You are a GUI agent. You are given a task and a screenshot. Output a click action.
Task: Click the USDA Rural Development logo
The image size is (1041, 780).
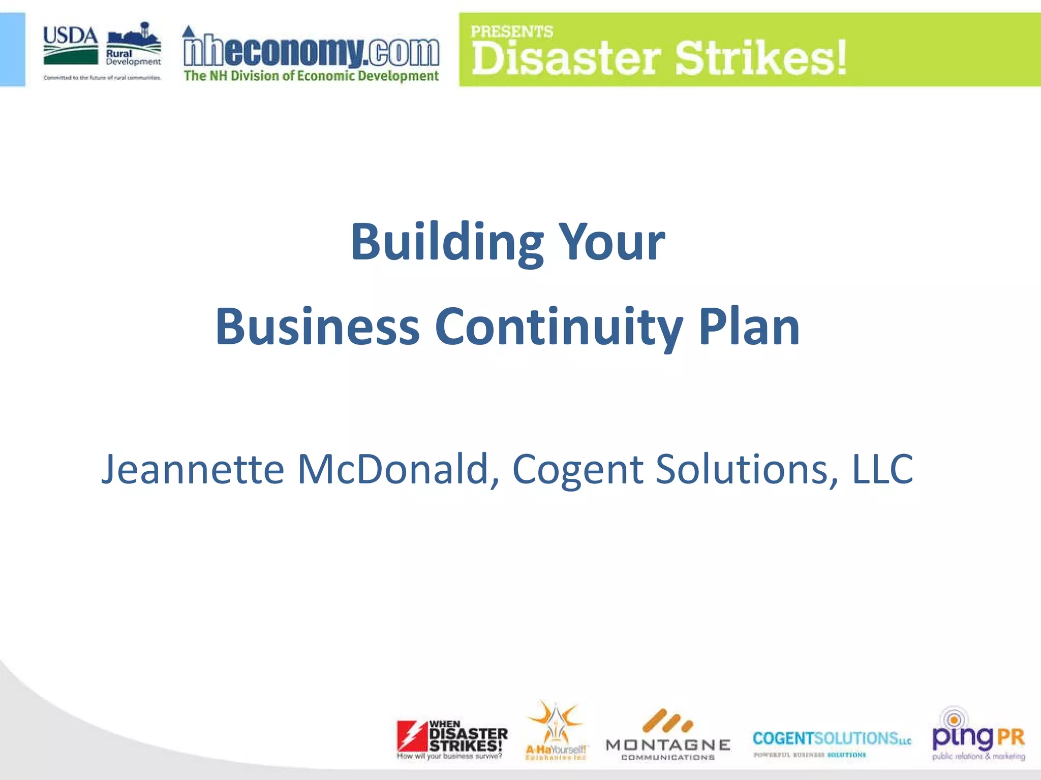(x=102, y=51)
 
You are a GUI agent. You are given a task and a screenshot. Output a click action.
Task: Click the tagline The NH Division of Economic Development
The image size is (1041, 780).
(x=311, y=76)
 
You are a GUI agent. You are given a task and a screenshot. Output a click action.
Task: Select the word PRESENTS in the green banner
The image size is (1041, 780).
(x=511, y=31)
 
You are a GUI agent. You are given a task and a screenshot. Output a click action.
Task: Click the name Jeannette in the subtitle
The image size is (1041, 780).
(x=193, y=469)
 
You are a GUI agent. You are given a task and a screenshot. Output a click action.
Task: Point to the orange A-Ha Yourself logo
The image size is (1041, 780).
(x=556, y=731)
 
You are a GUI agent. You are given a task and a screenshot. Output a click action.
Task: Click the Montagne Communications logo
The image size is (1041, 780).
(x=668, y=736)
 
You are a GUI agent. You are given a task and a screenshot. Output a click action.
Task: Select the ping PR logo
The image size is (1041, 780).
(x=978, y=735)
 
